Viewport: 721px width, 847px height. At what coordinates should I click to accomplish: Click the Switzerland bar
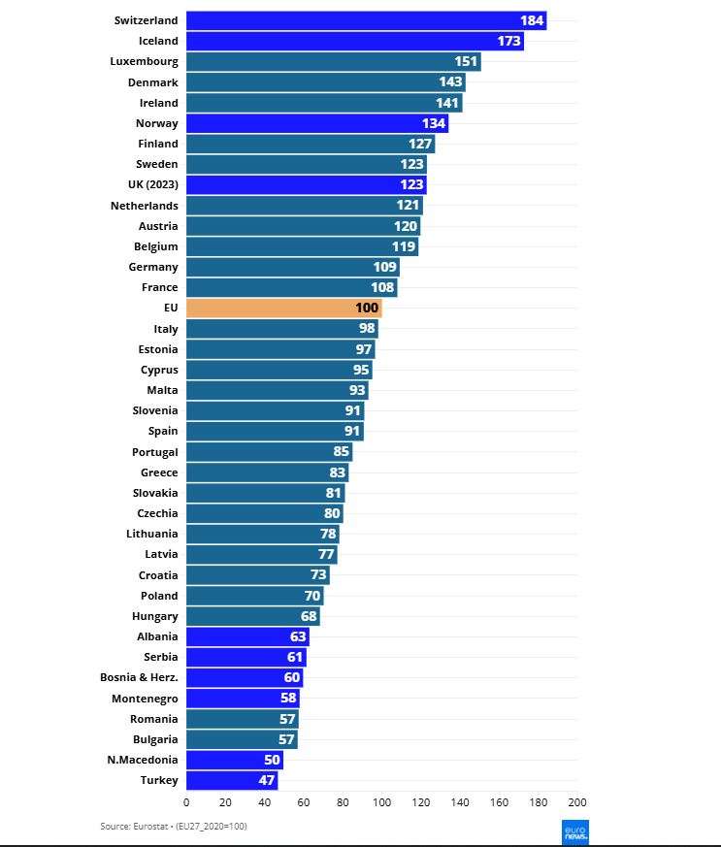[366, 20]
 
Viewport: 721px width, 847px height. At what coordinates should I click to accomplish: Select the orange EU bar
[284, 308]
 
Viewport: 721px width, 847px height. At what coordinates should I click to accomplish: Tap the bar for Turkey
[232, 780]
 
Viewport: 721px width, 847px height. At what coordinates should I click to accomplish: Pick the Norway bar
[317, 123]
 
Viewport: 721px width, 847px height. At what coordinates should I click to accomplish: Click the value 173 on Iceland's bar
[508, 41]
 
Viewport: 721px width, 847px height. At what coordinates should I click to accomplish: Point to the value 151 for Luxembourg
[466, 61]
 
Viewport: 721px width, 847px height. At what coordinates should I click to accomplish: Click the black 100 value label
[367, 308]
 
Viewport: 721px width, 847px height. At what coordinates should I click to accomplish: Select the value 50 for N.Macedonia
[272, 760]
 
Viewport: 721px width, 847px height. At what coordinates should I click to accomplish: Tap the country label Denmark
[153, 82]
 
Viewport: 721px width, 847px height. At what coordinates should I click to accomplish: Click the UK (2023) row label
[153, 184]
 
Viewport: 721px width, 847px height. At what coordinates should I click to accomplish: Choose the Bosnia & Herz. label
[139, 677]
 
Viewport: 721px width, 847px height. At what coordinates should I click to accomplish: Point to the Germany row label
[153, 268]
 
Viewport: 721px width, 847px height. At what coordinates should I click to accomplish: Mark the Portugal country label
[155, 452]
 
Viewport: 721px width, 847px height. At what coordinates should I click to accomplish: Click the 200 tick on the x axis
[577, 802]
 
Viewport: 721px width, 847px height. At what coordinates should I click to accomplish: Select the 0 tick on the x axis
[186, 802]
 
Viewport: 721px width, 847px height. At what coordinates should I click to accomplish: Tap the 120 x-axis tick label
[421, 802]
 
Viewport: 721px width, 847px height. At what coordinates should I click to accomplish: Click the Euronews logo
[575, 832]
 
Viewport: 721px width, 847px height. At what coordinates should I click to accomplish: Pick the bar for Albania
[247, 636]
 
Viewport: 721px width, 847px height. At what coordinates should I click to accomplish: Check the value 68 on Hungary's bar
[309, 616]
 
